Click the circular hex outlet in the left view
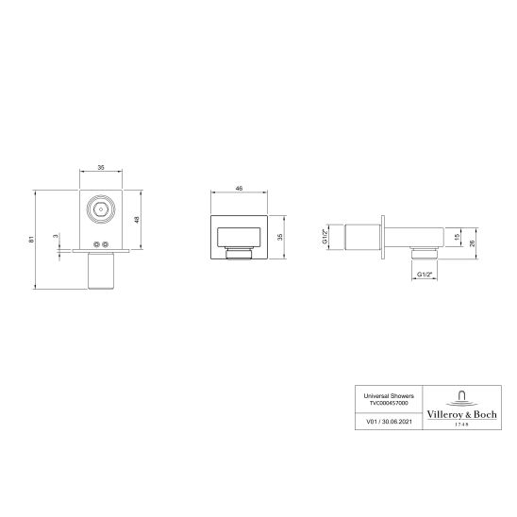(x=100, y=209)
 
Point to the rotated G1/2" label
(x=324, y=236)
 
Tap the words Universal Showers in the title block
(x=375, y=396)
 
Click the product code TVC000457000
(x=375, y=404)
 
